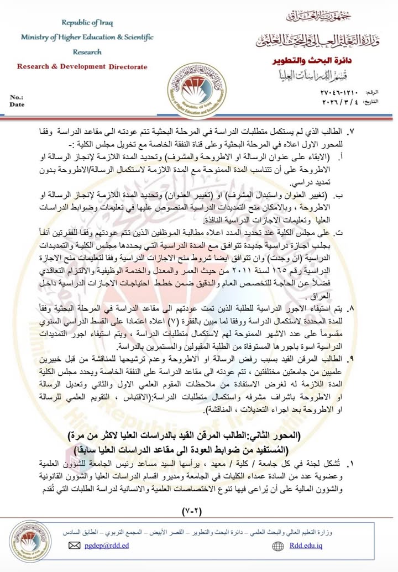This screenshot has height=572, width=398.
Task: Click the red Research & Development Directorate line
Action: [x=82, y=67]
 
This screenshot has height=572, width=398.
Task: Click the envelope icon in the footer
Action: [x=74, y=545]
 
